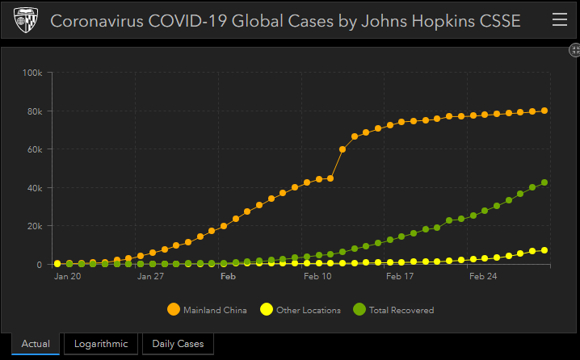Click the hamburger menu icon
(x=559, y=20)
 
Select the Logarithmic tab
(x=101, y=344)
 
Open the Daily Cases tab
(x=178, y=344)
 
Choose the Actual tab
(x=36, y=344)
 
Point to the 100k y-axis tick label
(x=33, y=73)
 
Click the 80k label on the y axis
(x=35, y=111)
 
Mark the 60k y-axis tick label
(x=35, y=150)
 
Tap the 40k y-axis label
(x=35, y=188)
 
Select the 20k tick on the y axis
(x=35, y=227)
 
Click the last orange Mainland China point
(x=544, y=111)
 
